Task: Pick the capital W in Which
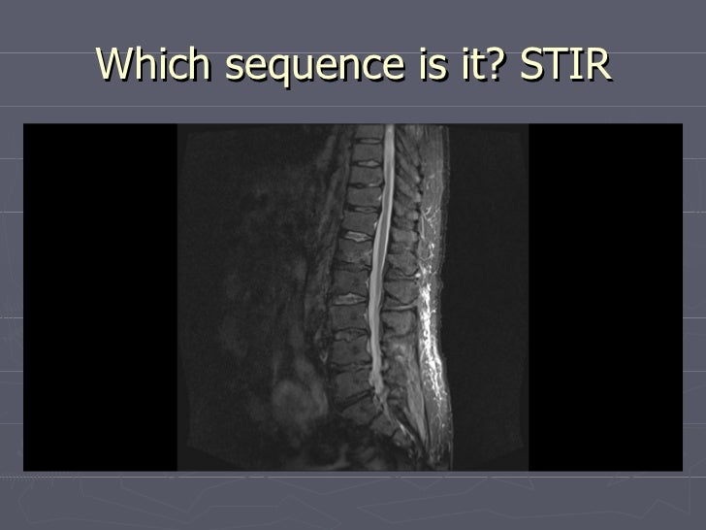click(115, 64)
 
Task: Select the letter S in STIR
click(531, 64)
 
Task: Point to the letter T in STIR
click(556, 64)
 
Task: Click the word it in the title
click(473, 64)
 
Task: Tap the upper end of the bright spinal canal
click(391, 131)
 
